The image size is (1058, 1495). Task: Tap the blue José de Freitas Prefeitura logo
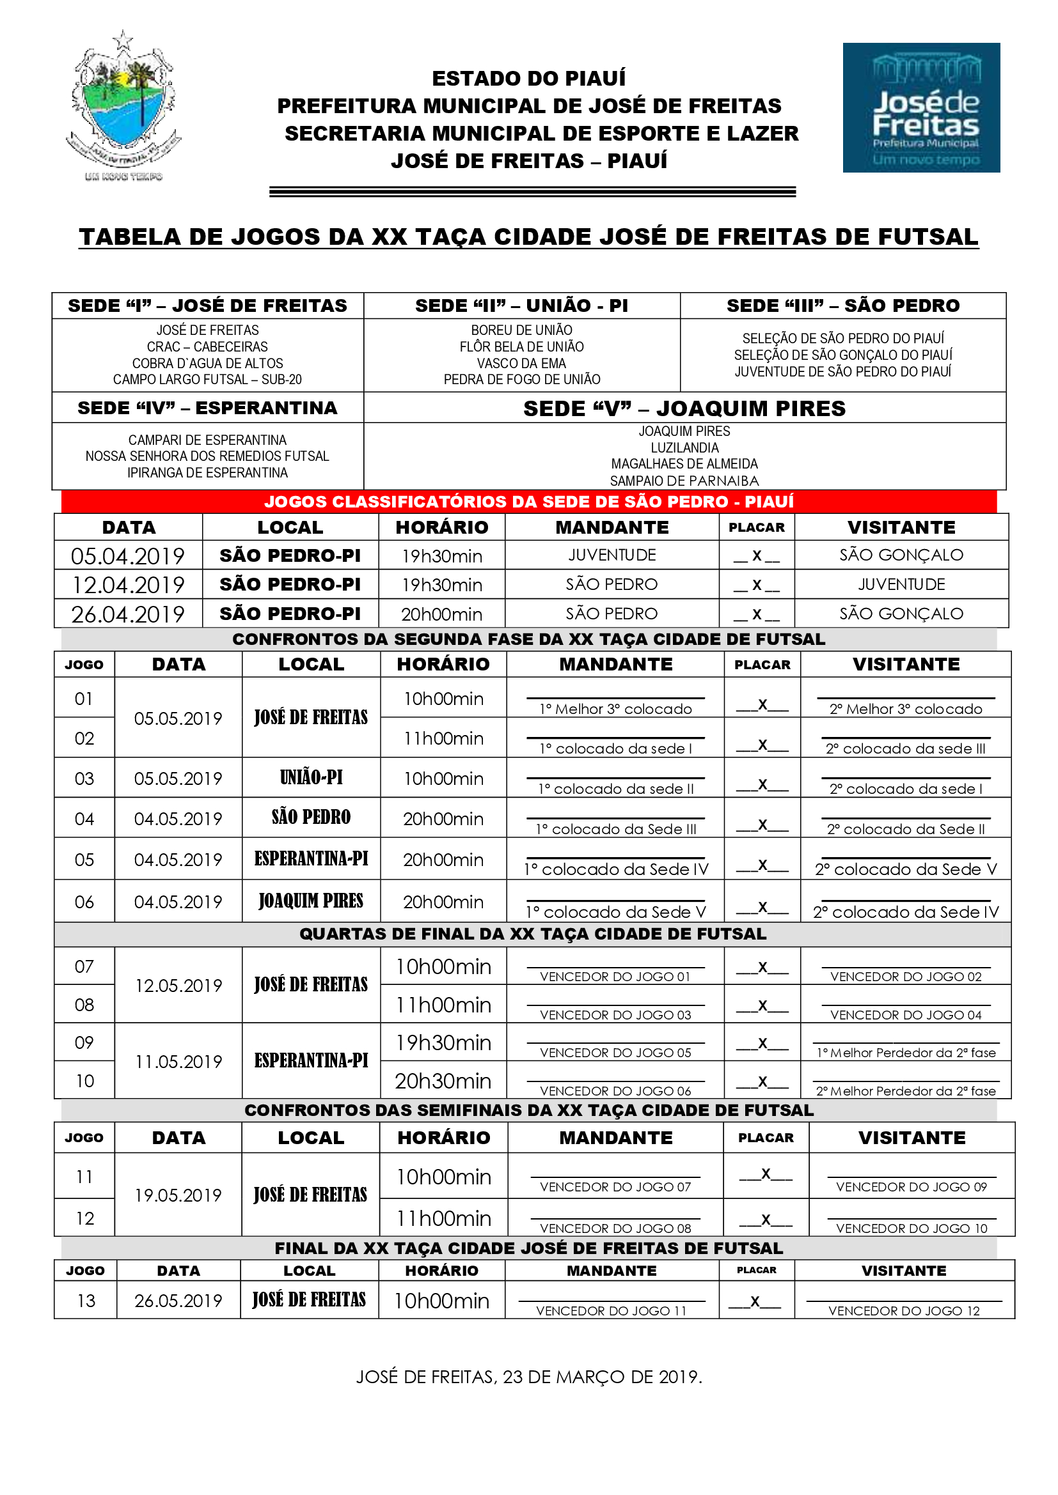tap(920, 107)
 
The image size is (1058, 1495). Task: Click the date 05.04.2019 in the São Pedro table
tap(128, 556)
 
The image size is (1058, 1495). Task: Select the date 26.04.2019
tap(128, 614)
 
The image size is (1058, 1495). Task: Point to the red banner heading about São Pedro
tap(528, 501)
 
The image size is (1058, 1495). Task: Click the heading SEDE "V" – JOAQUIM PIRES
tap(684, 408)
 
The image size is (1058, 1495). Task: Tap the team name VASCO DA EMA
tap(521, 363)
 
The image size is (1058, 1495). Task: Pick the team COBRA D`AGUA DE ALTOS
tap(207, 363)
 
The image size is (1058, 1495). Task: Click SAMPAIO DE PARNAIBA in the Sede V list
tap(684, 481)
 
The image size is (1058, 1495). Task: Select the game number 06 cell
tap(84, 902)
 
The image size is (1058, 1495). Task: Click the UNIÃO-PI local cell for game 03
tap(311, 777)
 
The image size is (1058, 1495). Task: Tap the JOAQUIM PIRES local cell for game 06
tap(311, 901)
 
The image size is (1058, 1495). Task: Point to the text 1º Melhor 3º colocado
tap(615, 709)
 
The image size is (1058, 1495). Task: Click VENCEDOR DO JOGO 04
tap(905, 1014)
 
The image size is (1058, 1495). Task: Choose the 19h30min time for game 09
tap(443, 1042)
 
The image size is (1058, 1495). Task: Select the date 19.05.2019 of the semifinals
tap(178, 1195)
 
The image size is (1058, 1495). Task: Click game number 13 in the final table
tap(85, 1300)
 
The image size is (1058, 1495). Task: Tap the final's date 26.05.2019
tap(178, 1300)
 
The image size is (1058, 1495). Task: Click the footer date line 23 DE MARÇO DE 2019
tap(528, 1377)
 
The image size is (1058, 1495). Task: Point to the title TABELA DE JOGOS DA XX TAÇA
tap(528, 237)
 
